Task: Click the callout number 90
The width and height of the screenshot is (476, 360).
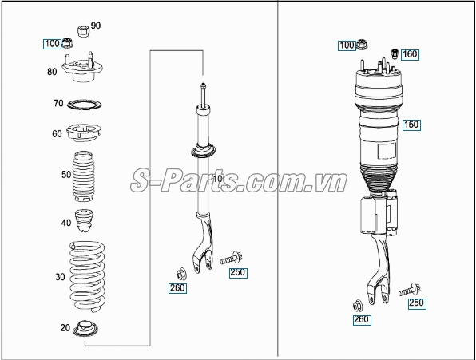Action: tap(95, 26)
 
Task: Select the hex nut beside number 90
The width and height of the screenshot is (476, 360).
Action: tap(83, 31)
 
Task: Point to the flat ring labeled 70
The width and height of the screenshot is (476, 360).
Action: tap(84, 105)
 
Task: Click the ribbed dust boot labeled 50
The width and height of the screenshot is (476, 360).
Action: tap(83, 176)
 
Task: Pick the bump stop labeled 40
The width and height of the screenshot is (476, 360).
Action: tap(84, 221)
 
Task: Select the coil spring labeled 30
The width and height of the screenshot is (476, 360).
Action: tap(87, 276)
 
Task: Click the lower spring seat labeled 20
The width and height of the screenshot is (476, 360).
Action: tap(86, 329)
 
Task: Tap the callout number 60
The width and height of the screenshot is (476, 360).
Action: tap(57, 134)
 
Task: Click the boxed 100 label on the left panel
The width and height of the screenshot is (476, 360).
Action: tap(52, 44)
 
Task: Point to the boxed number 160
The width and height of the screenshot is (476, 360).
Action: tap(410, 54)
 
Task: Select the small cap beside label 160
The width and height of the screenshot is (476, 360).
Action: tap(395, 53)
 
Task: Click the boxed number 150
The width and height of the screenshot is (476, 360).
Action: tap(411, 125)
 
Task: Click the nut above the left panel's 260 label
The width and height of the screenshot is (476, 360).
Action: tap(181, 274)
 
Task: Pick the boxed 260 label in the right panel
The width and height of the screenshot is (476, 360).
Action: tap(362, 319)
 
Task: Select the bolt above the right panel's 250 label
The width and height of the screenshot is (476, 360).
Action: tap(410, 289)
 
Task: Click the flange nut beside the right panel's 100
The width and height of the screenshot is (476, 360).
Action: tap(362, 45)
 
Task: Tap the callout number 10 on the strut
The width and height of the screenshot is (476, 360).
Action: tap(218, 179)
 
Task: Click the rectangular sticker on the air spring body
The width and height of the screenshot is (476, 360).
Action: tap(387, 152)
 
